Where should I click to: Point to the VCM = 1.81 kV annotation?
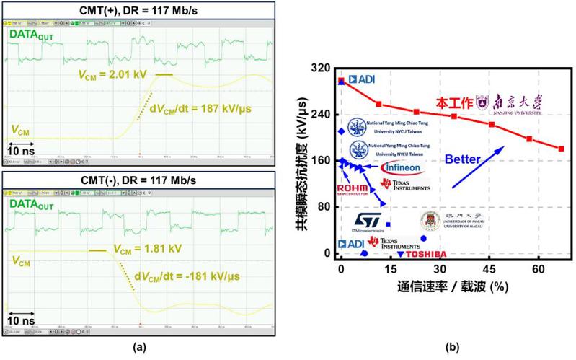pyautogui.click(x=144, y=250)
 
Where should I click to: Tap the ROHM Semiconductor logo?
pyautogui.click(x=355, y=189)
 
